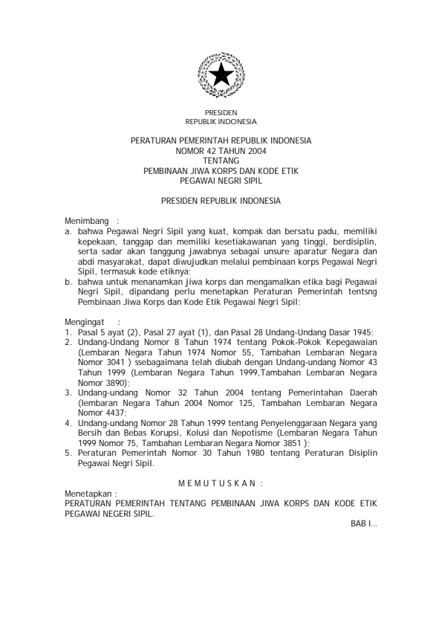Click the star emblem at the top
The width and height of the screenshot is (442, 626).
coord(221,75)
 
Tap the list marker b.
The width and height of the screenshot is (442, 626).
coord(68,283)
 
